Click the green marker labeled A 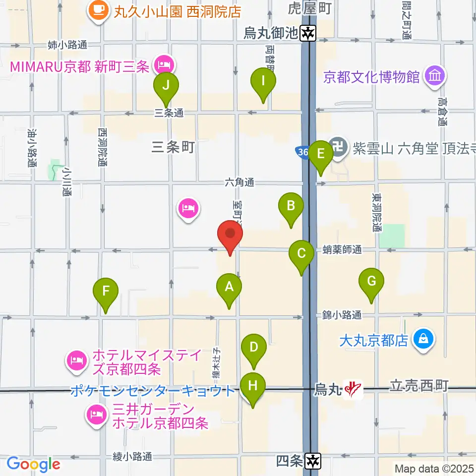pos(229,287)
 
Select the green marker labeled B pos(291,205)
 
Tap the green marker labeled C pos(301,253)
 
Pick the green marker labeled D pos(254,347)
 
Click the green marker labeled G pos(371,281)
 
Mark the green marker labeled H pos(253,385)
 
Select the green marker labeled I pos(263,80)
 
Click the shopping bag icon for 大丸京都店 pos(424,340)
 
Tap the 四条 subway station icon pos(313,461)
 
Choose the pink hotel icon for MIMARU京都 pos(163,64)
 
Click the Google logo pos(33,464)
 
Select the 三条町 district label pos(173,147)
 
